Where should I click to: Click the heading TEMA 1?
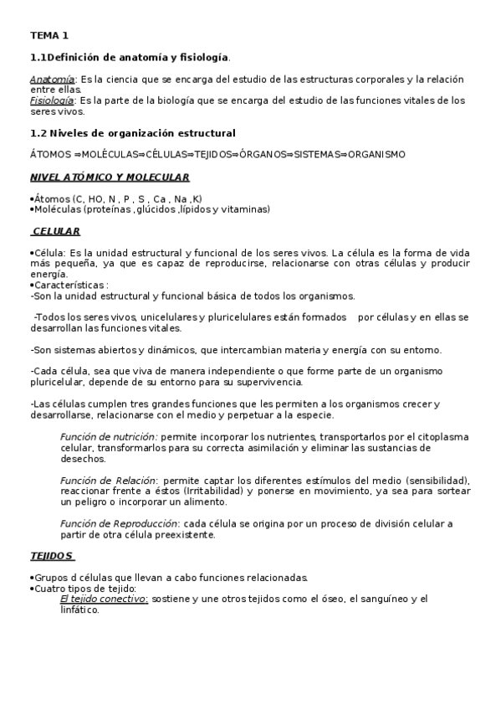tap(49, 35)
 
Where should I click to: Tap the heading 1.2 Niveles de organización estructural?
tap(133, 133)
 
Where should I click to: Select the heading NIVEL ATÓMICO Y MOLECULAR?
tap(110, 177)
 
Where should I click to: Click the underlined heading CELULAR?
tap(56, 231)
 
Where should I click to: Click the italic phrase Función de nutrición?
tap(109, 437)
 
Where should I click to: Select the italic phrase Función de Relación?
tap(107, 481)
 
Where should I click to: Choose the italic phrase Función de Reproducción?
tap(119, 524)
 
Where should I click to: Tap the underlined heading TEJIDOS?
tap(52, 556)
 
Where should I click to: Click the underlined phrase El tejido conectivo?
tap(104, 599)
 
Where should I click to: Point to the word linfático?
tap(79, 610)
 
